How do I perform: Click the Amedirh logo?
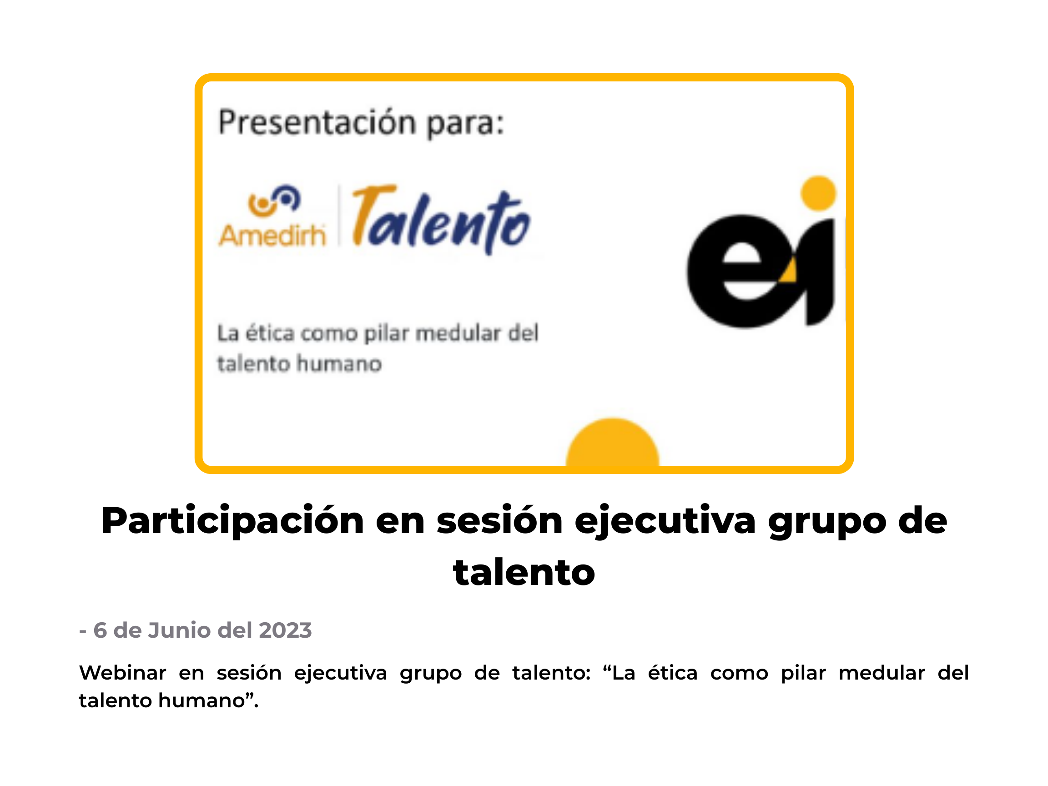click(272, 216)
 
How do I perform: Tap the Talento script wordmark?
click(441, 219)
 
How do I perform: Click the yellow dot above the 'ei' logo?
click(818, 193)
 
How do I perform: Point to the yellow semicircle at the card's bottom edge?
click(612, 443)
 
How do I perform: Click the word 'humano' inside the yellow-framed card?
click(339, 364)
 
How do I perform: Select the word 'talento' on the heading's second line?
click(524, 572)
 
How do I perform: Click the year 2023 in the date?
click(285, 630)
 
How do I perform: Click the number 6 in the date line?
click(100, 630)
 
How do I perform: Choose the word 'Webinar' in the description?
click(123, 673)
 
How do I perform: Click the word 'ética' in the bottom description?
click(673, 672)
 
